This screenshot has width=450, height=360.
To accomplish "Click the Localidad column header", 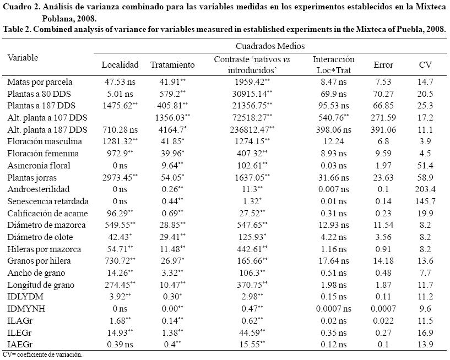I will [x=120, y=64].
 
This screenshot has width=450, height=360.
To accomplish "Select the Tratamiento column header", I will [x=172, y=64].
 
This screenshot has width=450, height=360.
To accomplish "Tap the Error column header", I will [x=383, y=64].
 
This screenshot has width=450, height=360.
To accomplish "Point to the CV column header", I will [x=425, y=64].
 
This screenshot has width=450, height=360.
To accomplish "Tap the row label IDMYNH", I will [x=24, y=309].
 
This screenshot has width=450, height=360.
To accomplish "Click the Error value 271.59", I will [x=383, y=117].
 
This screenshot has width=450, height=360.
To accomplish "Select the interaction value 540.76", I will [x=333, y=117].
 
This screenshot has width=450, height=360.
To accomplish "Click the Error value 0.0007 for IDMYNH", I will [x=383, y=309].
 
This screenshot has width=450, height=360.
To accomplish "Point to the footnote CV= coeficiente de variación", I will [x=42, y=354].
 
